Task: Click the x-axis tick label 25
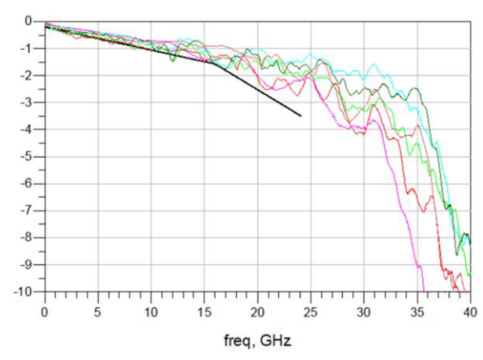coord(311,311)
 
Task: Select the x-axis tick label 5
coord(98,311)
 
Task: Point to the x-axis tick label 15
coord(204,311)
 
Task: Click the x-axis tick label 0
coord(45,311)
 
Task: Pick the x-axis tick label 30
coord(364,311)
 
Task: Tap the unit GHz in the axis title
coord(276,340)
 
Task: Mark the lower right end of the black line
coord(301,116)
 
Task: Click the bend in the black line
coord(216,64)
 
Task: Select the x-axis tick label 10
coord(151,311)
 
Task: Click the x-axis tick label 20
coord(258,311)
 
